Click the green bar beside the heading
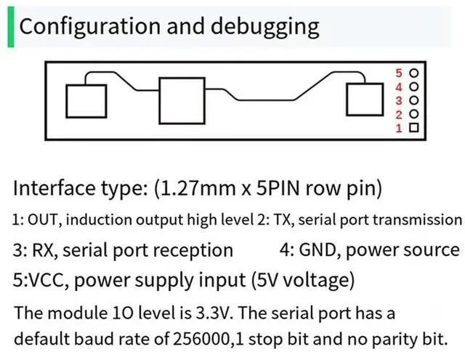(10, 27)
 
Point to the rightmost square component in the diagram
(363, 99)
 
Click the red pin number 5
(399, 73)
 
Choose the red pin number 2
(399, 115)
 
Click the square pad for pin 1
(414, 128)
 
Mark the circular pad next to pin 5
(414, 73)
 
